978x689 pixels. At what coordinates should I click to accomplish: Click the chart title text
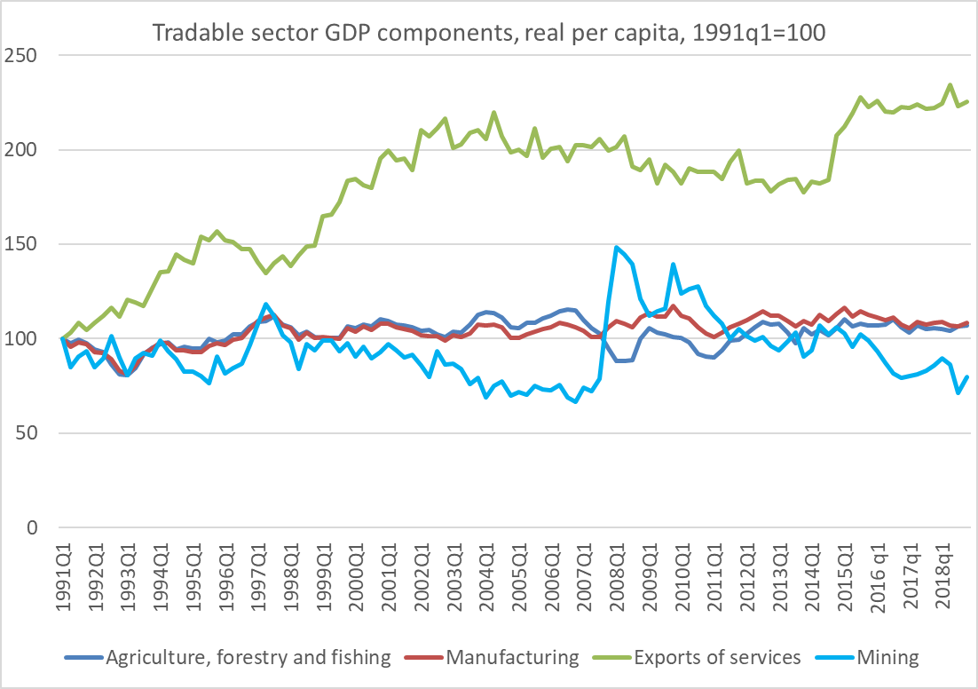(489, 33)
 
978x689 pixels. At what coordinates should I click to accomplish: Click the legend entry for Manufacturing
(512, 658)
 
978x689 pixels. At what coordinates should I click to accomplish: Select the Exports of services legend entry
(716, 658)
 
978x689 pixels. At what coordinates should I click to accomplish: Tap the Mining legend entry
(887, 658)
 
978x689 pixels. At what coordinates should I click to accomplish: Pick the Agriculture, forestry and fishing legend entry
(248, 658)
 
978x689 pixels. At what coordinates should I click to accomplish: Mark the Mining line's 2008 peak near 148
(616, 248)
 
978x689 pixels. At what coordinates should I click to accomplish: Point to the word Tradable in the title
(188, 33)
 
